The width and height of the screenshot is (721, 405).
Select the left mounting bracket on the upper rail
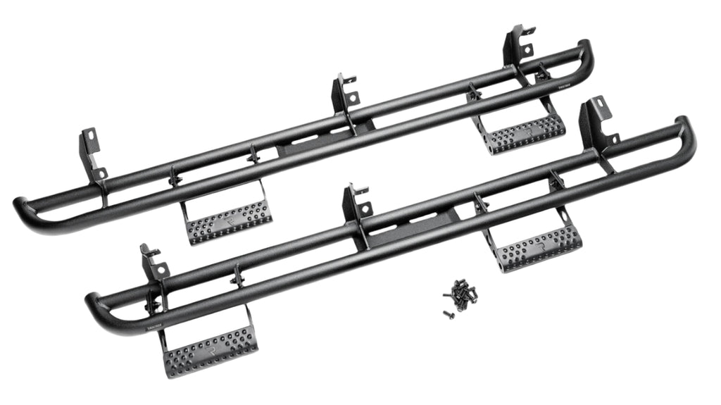tap(92, 151)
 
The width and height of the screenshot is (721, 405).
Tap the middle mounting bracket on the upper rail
tap(346, 94)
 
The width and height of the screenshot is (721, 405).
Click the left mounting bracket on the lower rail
tap(153, 264)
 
